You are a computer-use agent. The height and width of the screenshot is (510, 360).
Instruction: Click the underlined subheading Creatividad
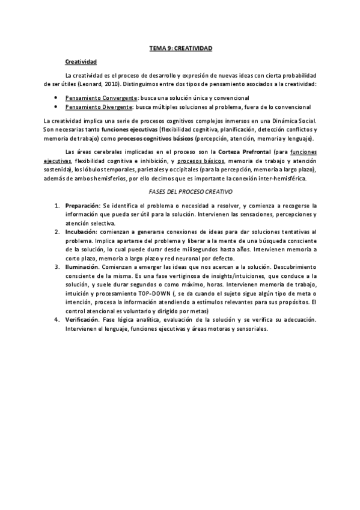81,61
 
